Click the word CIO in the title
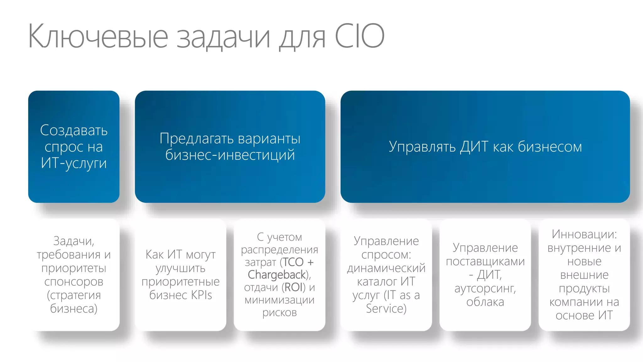[x=359, y=36]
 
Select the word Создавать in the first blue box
[x=74, y=130]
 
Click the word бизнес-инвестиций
[x=230, y=155]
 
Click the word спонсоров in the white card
[x=74, y=282]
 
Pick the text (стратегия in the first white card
[x=74, y=295]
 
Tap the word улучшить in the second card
[x=181, y=268]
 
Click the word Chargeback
[x=277, y=275]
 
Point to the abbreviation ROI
[x=294, y=287]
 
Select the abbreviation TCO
[x=293, y=262]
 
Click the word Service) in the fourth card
[x=386, y=309]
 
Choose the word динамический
[x=386, y=268]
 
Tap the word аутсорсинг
[x=485, y=288]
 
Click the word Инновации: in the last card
[x=584, y=234]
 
